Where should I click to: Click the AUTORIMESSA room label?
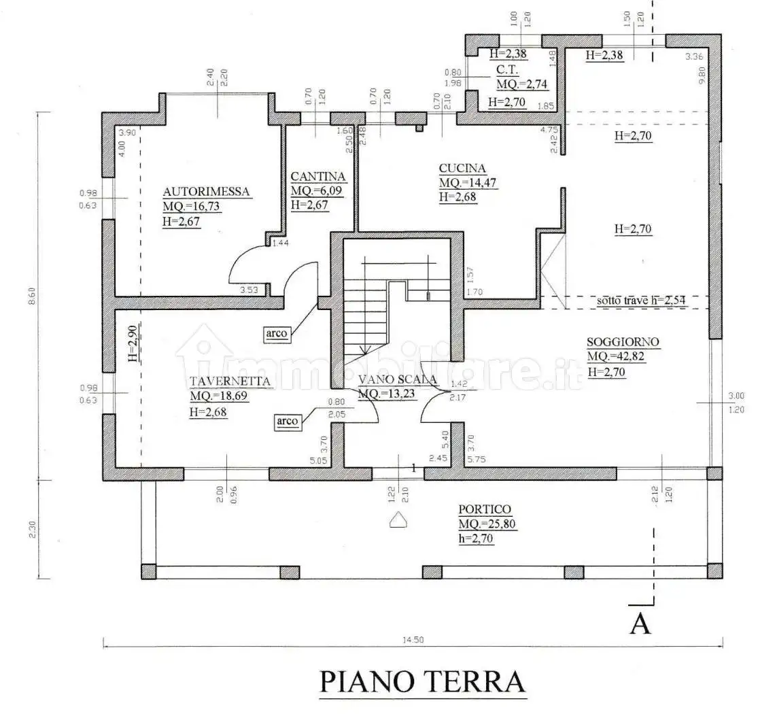[x=207, y=192]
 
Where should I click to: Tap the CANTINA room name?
[x=318, y=177]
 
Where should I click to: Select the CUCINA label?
[x=462, y=169]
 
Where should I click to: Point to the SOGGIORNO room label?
[x=623, y=343]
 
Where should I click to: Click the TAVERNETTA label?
[x=231, y=381]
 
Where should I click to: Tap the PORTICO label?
[x=484, y=509]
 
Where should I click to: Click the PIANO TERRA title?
[x=422, y=681]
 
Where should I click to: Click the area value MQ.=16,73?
[x=191, y=207]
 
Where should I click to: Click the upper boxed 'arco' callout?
[x=277, y=334]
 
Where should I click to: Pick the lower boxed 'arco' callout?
[x=288, y=422]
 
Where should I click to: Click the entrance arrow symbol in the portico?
[x=398, y=520]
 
